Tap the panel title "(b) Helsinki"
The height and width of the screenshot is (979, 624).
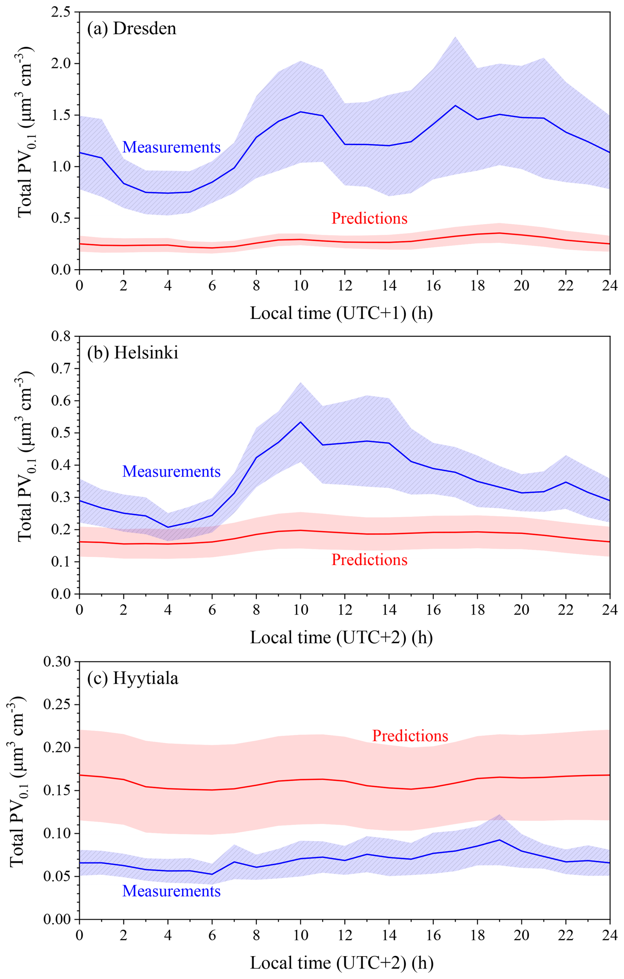click(133, 353)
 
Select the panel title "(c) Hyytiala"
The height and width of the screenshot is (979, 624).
click(133, 678)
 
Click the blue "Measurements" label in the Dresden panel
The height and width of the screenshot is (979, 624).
click(171, 147)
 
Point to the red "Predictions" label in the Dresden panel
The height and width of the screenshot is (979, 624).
click(369, 218)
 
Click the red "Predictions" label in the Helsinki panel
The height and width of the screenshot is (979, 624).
click(369, 560)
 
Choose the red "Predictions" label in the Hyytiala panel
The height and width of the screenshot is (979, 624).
click(410, 736)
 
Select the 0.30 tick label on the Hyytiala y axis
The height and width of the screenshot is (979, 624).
click(57, 661)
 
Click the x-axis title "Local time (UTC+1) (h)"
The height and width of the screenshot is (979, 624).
click(341, 313)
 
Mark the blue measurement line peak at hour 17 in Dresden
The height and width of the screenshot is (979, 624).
click(455, 106)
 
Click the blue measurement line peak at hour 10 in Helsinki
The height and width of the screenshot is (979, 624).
click(300, 422)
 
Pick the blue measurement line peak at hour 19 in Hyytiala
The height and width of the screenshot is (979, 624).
click(499, 840)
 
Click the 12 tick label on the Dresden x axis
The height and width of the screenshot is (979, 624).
click(345, 285)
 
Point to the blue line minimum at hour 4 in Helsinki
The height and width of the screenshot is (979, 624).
click(168, 527)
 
